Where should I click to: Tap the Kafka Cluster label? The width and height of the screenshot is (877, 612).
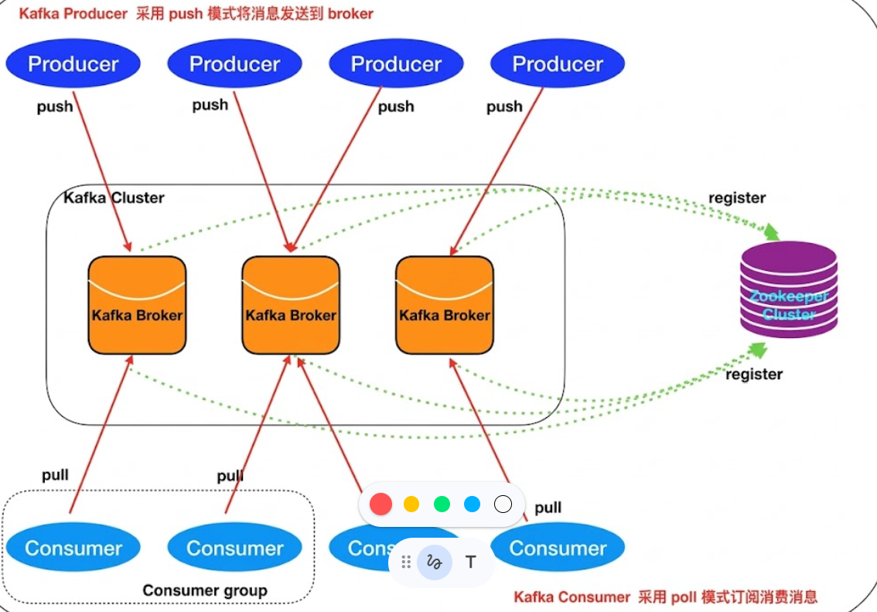tap(114, 198)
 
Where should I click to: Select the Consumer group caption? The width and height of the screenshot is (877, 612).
tap(205, 590)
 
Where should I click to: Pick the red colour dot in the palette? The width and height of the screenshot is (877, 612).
tap(380, 504)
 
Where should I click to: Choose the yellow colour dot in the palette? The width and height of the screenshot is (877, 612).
tap(411, 504)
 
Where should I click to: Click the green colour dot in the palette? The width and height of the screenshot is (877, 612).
tap(442, 504)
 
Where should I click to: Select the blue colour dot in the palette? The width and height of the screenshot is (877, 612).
tap(472, 504)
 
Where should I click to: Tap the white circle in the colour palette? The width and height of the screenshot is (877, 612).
tap(503, 504)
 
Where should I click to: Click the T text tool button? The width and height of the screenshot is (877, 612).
tap(470, 562)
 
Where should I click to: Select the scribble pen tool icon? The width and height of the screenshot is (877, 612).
tap(434, 562)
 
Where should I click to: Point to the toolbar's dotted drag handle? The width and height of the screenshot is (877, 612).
tap(406, 562)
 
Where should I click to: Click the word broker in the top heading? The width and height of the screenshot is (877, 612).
tap(350, 14)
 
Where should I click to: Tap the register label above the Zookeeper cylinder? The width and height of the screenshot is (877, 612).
tap(737, 198)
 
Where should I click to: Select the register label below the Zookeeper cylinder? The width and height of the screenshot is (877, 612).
tap(753, 374)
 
